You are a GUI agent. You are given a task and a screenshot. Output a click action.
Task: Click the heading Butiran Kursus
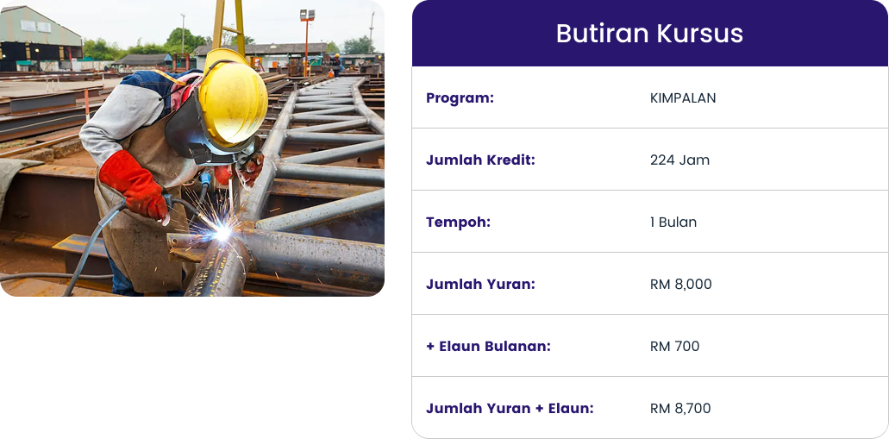point(649,34)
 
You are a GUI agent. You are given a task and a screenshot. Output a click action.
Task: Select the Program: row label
point(460,98)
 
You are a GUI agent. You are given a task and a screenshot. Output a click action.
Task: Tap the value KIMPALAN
point(683,98)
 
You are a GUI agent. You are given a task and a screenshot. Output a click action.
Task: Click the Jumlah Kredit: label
point(480,160)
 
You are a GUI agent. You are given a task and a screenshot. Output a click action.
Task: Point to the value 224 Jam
point(679,160)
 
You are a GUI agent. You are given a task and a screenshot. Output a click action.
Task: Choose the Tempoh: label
point(458,223)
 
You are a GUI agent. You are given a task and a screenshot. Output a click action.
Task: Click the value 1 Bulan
point(673,223)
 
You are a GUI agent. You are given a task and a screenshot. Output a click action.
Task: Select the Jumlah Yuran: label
point(480,284)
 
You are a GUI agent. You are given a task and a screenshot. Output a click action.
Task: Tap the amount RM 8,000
point(680,284)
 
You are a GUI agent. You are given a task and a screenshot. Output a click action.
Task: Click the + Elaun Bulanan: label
point(488,346)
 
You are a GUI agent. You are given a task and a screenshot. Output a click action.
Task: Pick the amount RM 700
point(674,346)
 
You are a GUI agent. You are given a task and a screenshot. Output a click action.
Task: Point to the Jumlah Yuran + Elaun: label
point(510,408)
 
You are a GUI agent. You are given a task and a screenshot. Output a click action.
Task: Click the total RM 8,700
point(679,408)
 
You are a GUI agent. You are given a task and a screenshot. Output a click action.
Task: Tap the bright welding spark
point(222,232)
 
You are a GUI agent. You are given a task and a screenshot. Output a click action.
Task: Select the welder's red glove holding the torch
point(134,185)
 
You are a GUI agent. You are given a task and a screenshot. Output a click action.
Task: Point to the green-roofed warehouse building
point(40,39)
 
